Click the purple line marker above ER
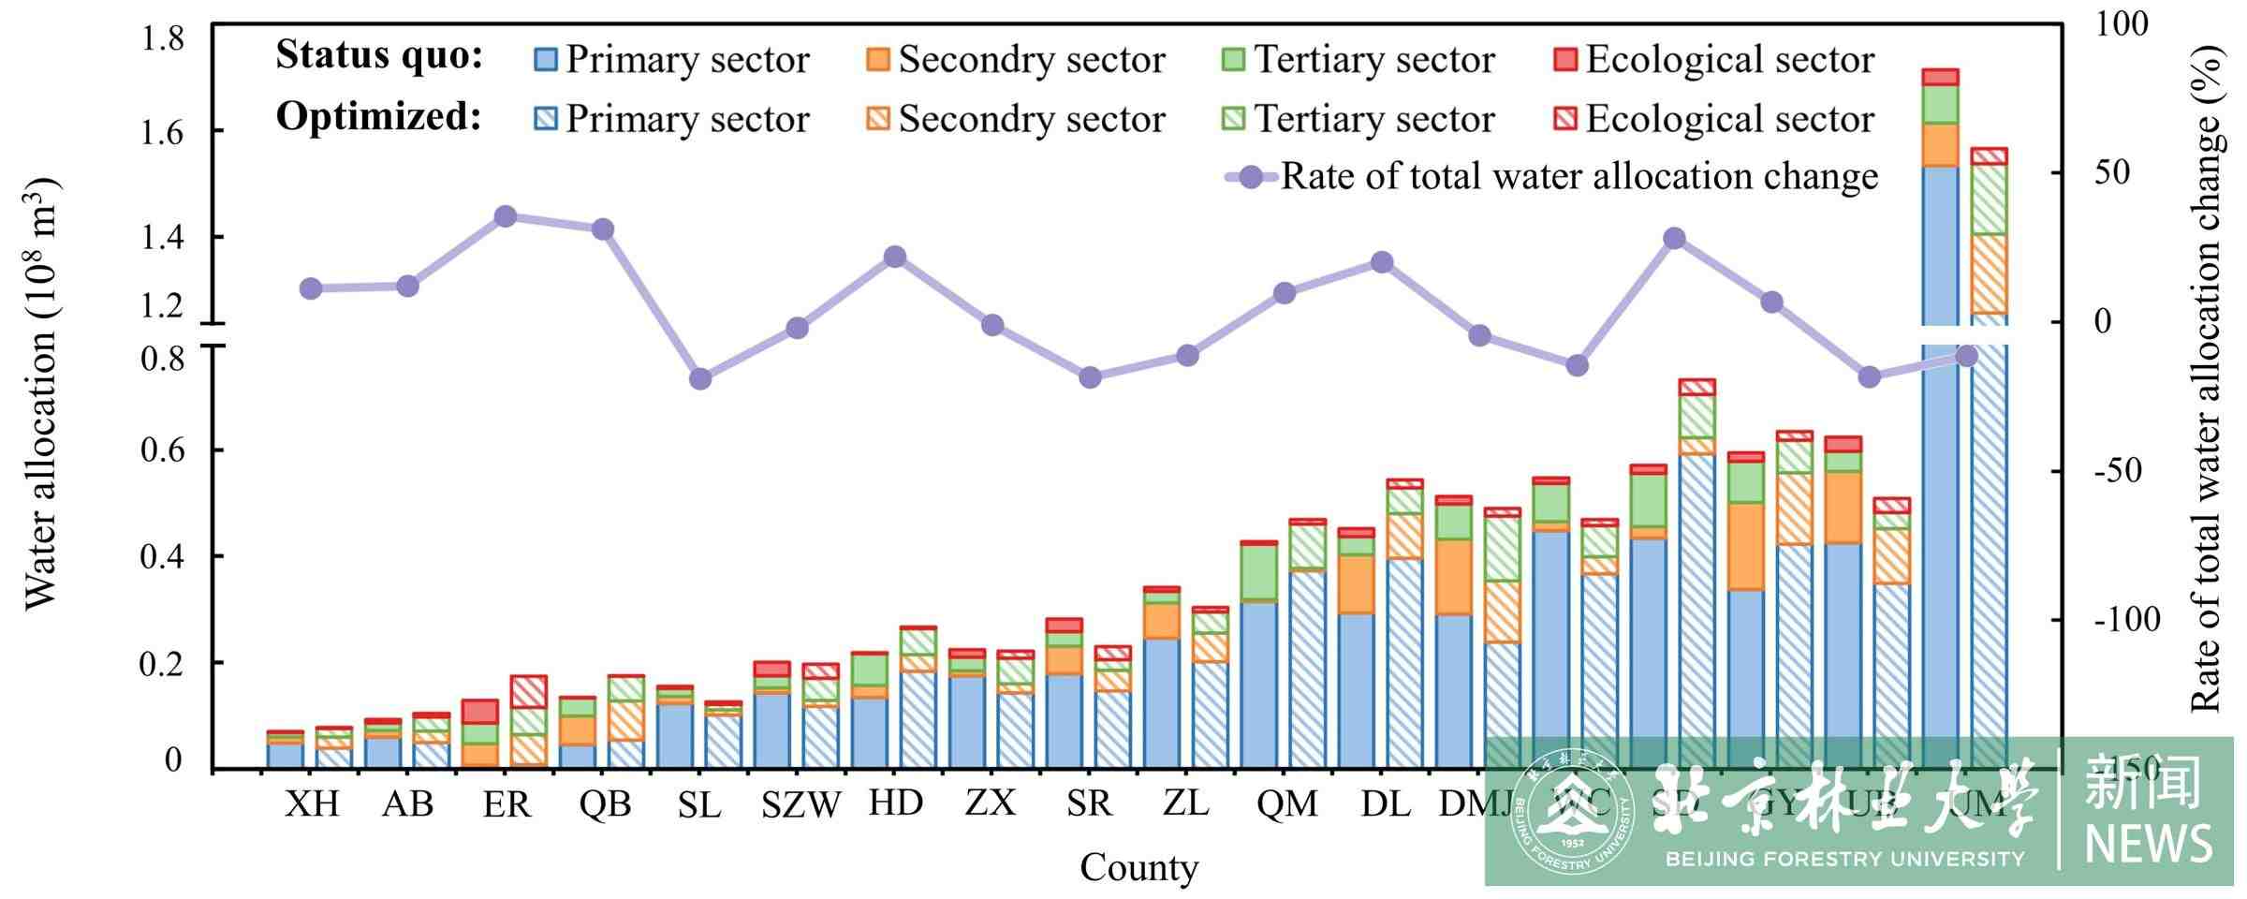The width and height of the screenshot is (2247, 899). pyautogui.click(x=506, y=217)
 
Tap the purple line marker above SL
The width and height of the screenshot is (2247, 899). pyautogui.click(x=700, y=379)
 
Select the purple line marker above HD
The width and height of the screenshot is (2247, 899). pyautogui.click(x=895, y=257)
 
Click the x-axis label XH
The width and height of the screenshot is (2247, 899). pyautogui.click(x=312, y=803)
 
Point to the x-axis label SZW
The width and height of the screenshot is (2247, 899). pyautogui.click(x=800, y=804)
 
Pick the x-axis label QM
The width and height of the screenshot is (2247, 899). pyautogui.click(x=1287, y=803)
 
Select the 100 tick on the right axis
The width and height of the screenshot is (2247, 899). pyautogui.click(x=2121, y=24)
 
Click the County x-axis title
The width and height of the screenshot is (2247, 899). pyautogui.click(x=1138, y=868)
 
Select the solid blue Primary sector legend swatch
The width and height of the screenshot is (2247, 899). pyautogui.click(x=545, y=60)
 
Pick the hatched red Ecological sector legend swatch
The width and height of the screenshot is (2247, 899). pyautogui.click(x=1564, y=119)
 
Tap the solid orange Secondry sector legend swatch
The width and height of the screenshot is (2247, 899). pyautogui.click(x=878, y=60)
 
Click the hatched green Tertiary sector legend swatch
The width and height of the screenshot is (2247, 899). pyautogui.click(x=1234, y=119)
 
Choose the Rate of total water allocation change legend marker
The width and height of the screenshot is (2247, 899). pyautogui.click(x=1251, y=177)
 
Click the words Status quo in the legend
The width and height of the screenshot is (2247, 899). pyautogui.click(x=379, y=56)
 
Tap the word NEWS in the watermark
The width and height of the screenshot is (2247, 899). pyautogui.click(x=2148, y=844)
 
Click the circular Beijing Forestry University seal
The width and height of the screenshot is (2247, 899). pyautogui.click(x=1573, y=811)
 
